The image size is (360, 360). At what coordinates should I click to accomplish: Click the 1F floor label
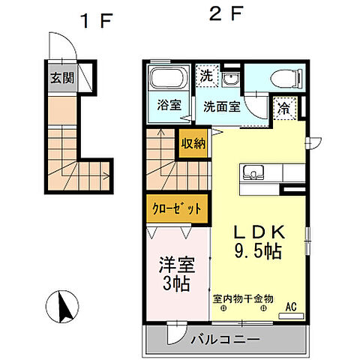pos(97,20)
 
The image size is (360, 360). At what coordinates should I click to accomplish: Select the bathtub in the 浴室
pos(168,79)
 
